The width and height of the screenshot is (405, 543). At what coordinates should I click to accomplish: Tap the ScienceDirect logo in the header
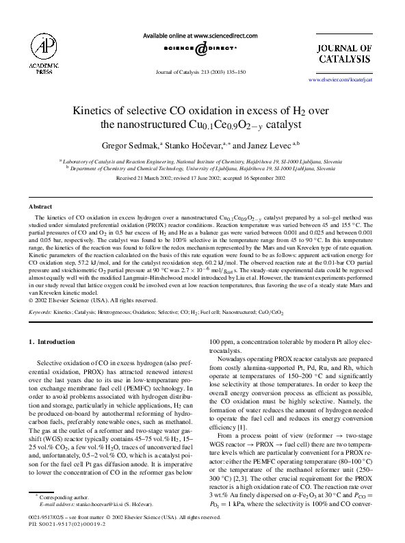click(x=202, y=49)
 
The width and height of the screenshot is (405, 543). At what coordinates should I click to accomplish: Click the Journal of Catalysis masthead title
click(x=345, y=54)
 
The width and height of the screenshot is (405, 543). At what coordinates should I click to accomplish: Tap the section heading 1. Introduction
click(x=51, y=341)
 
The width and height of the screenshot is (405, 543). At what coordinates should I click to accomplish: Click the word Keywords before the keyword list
click(x=40, y=312)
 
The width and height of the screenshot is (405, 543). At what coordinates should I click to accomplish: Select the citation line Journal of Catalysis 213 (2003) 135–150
click(x=201, y=72)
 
